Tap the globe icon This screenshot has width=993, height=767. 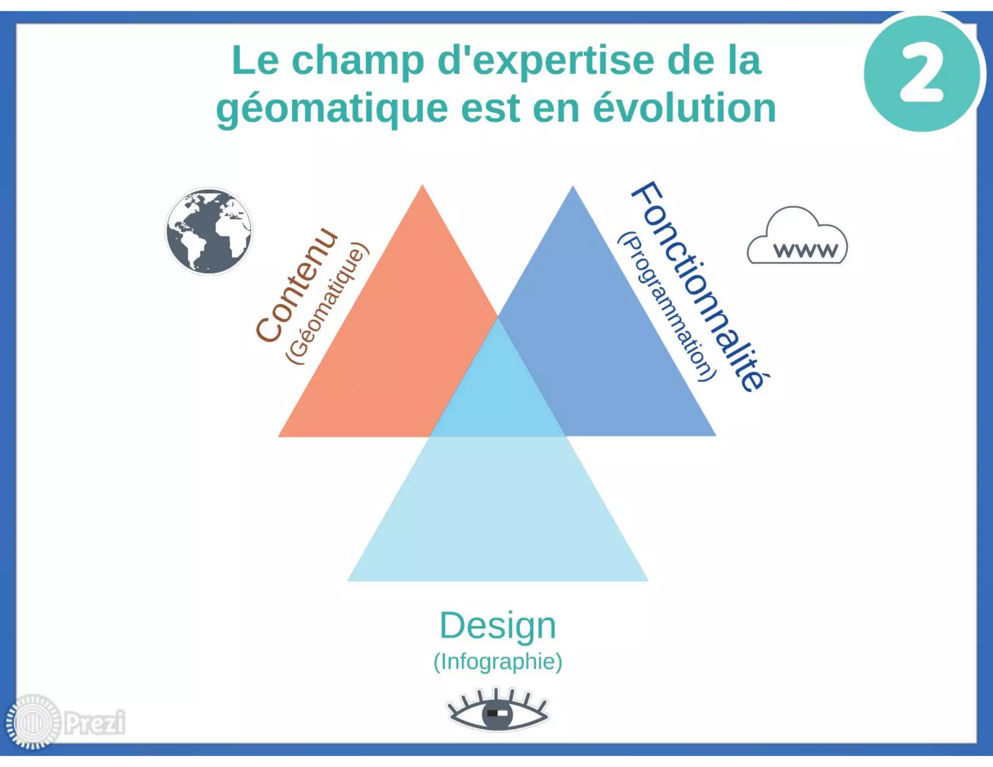point(209,231)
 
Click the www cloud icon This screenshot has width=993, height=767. point(798,238)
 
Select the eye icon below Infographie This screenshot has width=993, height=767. point(497,710)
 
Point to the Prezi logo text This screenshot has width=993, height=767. point(95,722)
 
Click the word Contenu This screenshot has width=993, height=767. point(297,286)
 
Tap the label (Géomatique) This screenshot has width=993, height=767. point(328,304)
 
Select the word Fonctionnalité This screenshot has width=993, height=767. point(701,286)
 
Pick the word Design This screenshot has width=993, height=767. point(497,626)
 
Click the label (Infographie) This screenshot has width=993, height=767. point(497,662)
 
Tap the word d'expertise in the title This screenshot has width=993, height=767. point(545,61)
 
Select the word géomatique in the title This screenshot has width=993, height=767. point(332,109)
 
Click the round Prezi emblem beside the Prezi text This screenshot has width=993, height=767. point(33,722)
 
